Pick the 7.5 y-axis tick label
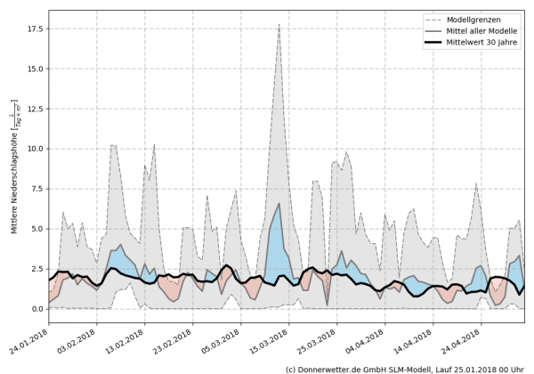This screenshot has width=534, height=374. (37, 189)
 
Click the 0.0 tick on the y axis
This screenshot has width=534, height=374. (37, 309)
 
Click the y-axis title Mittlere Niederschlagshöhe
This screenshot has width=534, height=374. (15, 169)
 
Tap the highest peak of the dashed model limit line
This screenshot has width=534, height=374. (279, 25)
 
